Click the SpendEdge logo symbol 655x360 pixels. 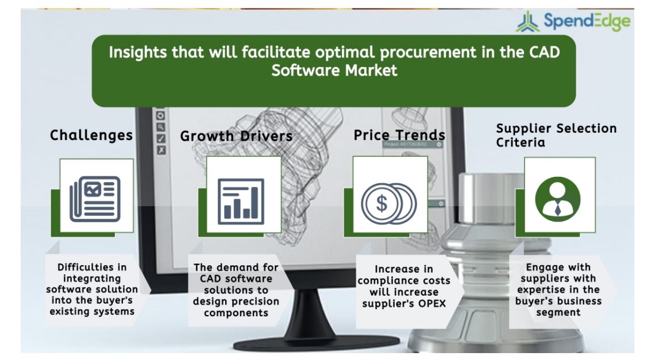tap(528, 22)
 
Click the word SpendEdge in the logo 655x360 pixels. tap(587, 21)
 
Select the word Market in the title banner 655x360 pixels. tap(371, 70)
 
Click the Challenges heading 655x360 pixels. tap(91, 135)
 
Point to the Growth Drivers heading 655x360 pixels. tap(237, 136)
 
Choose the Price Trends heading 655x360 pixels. tap(399, 135)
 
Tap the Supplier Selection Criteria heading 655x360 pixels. tap(556, 136)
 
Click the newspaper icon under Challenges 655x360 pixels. tap(95, 199)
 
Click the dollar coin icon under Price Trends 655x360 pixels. tap(388, 203)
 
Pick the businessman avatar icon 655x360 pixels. tap(558, 199)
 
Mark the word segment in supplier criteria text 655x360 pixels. tap(558, 312)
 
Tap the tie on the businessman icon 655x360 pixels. tap(558, 208)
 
